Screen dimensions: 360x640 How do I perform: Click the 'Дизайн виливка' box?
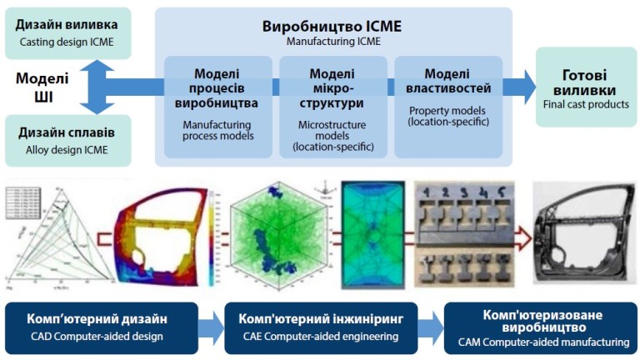coord(67,32)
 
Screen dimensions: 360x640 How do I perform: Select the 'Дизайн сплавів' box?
coord(67,139)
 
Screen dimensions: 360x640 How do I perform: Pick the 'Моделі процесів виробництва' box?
coord(217,106)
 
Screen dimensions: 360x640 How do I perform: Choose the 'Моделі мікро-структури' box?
coord(332,106)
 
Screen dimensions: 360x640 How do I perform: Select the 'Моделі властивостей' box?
coord(447,106)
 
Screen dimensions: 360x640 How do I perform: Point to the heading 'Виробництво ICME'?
coord(332,26)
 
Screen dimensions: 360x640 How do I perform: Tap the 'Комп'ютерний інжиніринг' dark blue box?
coord(322,327)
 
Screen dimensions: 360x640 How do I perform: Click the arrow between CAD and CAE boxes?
coord(212,327)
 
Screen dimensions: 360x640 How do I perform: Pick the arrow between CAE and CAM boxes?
coord(431,327)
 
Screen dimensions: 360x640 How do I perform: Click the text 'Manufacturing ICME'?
coord(332,41)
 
